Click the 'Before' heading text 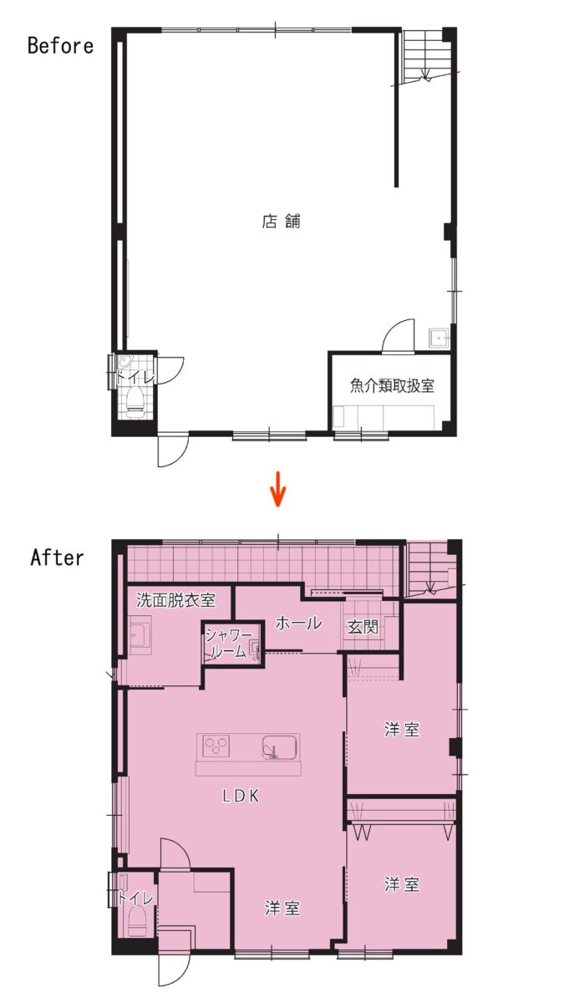(x=60, y=46)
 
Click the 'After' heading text (x=57, y=558)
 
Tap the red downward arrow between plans (x=278, y=488)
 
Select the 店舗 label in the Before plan (x=281, y=221)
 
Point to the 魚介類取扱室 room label (x=392, y=385)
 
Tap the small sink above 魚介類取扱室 (x=439, y=338)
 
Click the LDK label (x=241, y=795)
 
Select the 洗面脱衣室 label (x=175, y=600)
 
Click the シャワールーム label (x=227, y=643)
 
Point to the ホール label (x=298, y=623)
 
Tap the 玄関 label (x=363, y=627)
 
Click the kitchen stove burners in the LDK (x=216, y=746)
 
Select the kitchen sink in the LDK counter (x=280, y=747)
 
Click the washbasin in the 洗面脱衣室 (x=140, y=635)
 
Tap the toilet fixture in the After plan (x=135, y=921)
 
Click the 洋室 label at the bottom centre (x=282, y=908)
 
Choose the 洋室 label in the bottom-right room (x=402, y=884)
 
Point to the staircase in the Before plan (x=424, y=55)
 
